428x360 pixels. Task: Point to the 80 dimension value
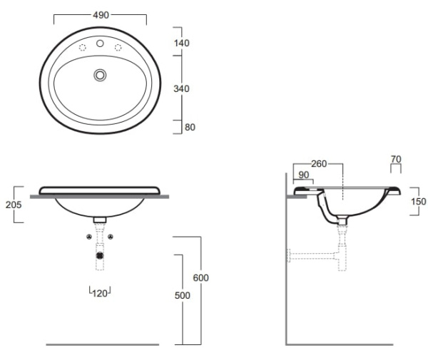[x=190, y=128]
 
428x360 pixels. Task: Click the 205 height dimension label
[x=12, y=205]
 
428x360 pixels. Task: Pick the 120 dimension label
[x=100, y=292]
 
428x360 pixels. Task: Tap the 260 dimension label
[x=320, y=164]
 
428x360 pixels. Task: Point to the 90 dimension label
[x=303, y=175]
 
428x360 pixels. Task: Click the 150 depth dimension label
[x=417, y=201]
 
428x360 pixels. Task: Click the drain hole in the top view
[x=101, y=74]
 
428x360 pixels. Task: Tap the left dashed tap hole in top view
[x=81, y=48]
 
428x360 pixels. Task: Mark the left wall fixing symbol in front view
[x=88, y=236]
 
